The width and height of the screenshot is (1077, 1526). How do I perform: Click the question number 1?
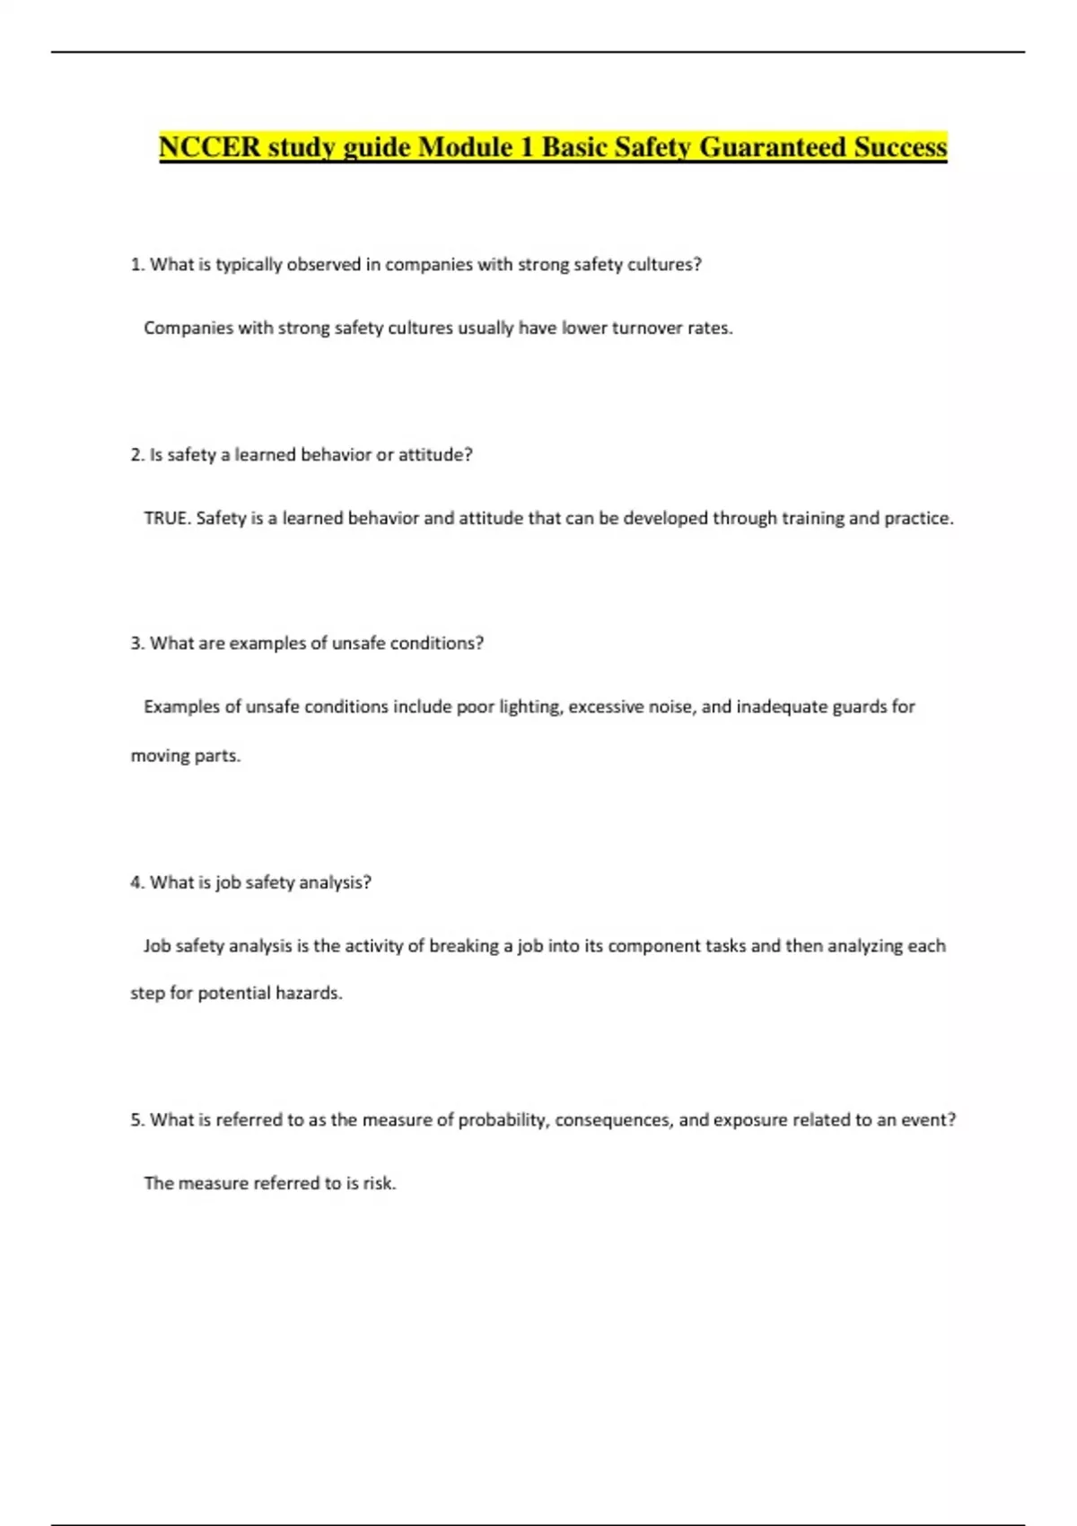pyautogui.click(x=136, y=265)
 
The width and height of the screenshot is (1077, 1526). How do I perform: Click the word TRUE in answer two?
pyautogui.click(x=166, y=518)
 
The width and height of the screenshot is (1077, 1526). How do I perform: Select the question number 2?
pyautogui.click(x=136, y=455)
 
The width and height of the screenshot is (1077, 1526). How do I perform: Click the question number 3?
pyautogui.click(x=136, y=644)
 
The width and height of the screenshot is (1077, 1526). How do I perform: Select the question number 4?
pyautogui.click(x=136, y=882)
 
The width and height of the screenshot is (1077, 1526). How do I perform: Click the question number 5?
pyautogui.click(x=136, y=1120)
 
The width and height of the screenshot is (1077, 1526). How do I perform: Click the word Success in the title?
pyautogui.click(x=900, y=146)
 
